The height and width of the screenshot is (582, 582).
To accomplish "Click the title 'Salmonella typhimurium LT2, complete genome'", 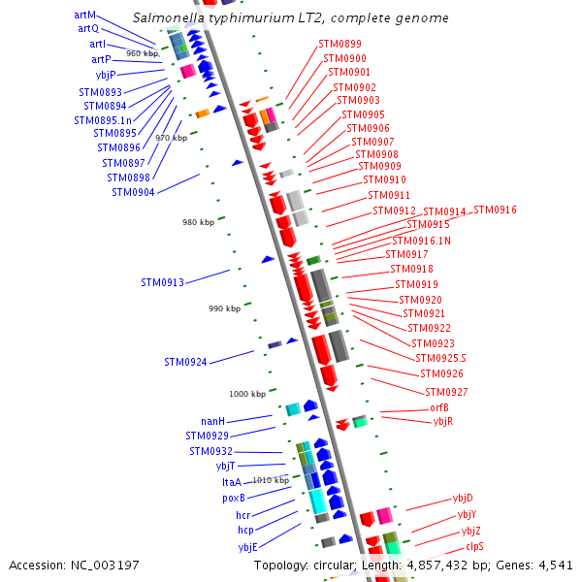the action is coord(290,18).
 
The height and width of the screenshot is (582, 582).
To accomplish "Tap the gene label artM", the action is coord(85,15).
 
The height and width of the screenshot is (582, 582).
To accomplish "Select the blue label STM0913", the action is coord(162,283).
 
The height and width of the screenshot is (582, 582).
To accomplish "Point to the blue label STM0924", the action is coord(185,363).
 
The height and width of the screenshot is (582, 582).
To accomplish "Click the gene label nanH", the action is coord(212,422).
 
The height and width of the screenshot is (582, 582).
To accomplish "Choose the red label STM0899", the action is coord(339,44).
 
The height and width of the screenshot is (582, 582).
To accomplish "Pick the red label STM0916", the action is coord(495,210).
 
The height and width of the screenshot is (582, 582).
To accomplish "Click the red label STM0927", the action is coord(446,392).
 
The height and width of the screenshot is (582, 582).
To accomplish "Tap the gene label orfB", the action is coord(439,407).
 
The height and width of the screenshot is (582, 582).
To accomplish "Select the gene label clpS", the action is coord(474,546).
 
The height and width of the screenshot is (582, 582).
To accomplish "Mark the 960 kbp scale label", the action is coord(142,53).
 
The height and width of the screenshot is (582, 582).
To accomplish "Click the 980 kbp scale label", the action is coord(198,223).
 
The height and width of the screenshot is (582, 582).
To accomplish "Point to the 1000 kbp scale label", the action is coord(247,394).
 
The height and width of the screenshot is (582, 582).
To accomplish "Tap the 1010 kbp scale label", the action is coord(271,480).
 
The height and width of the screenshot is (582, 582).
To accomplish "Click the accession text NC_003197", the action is coord(74,565).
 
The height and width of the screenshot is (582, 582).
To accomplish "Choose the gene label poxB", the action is coord(234,498).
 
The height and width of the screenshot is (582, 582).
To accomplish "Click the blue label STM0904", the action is coord(133,192).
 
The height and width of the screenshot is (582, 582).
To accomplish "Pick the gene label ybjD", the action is coord(463,499).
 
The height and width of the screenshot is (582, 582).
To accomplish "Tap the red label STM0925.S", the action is coord(440,359).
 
